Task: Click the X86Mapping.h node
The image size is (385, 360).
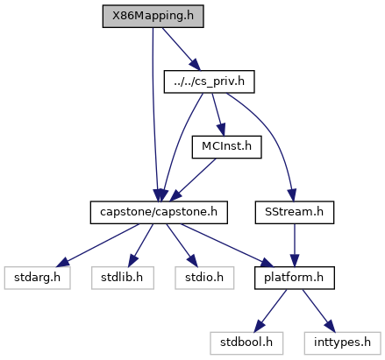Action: point(153,16)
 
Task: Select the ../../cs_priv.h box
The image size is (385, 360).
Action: point(209,81)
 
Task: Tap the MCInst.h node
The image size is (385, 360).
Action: point(226,147)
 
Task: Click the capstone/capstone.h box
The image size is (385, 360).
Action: point(159,212)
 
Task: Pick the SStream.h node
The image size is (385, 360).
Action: point(295,212)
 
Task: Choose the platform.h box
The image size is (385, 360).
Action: point(295,278)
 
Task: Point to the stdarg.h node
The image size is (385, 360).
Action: point(37,278)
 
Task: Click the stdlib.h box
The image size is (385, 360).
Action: point(123,278)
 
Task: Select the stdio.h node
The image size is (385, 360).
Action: point(204,278)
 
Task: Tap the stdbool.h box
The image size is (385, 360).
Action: point(246,343)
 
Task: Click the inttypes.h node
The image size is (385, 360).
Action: point(342,343)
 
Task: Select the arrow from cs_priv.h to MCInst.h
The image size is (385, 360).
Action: point(218,115)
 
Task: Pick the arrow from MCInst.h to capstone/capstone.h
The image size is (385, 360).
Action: point(193,180)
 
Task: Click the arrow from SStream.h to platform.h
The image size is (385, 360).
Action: point(295,245)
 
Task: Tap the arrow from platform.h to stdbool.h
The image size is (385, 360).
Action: point(270,311)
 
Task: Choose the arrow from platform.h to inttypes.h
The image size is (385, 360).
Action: point(318,311)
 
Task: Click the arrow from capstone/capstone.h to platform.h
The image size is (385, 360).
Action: point(227,245)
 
